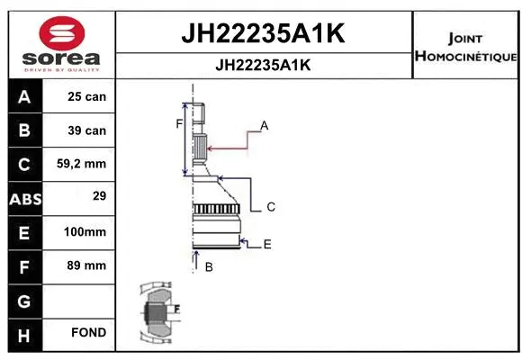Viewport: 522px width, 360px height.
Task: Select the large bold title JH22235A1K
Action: pos(264,33)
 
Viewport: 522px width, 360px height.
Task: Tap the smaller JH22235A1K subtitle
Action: pos(264,65)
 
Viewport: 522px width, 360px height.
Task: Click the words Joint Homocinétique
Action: pos(465,48)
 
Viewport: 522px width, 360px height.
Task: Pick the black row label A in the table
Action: pos(23,96)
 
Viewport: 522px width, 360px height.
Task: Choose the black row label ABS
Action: pos(23,198)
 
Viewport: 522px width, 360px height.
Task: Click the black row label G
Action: pos(23,299)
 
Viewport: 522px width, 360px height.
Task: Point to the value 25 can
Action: pos(87,96)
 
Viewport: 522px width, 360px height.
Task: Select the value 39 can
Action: pos(87,130)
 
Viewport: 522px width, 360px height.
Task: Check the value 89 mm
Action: pos(87,265)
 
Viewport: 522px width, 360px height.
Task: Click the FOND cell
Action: pos(89,333)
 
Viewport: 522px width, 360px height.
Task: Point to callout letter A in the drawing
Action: pos(265,125)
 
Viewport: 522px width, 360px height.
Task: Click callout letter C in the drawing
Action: pos(271,207)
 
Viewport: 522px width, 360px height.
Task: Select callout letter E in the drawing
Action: pos(267,244)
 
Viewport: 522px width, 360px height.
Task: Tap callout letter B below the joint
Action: pos(208,266)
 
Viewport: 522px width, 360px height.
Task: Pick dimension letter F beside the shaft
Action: pos(179,123)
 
